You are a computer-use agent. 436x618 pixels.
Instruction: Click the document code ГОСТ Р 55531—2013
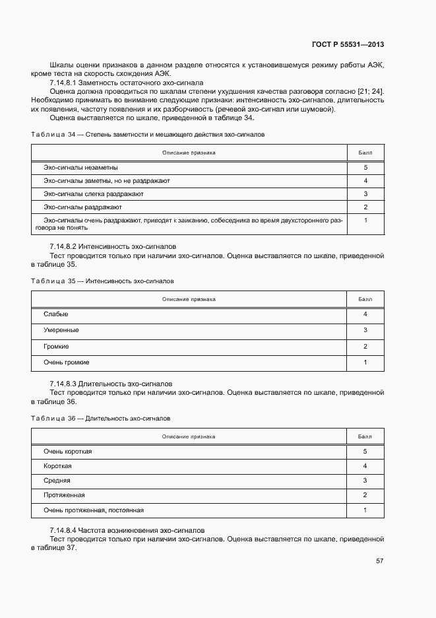[x=347, y=45]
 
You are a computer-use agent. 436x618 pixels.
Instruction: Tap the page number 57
[x=379, y=561]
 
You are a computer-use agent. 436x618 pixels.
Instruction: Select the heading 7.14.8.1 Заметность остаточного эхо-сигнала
[x=126, y=83]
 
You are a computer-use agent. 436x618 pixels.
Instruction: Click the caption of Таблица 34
[x=148, y=134]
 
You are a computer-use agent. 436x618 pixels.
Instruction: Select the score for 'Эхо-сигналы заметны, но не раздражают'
[x=365, y=181]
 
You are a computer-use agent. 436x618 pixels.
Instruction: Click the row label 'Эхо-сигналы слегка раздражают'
[x=94, y=194]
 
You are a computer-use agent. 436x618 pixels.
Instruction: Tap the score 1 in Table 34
[x=365, y=221]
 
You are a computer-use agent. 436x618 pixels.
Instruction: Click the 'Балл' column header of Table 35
[x=365, y=299]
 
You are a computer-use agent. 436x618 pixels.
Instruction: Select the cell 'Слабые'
[x=56, y=314]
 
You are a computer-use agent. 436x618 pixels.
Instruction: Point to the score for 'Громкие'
[x=365, y=347]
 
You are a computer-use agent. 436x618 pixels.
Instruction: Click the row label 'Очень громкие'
[x=67, y=362]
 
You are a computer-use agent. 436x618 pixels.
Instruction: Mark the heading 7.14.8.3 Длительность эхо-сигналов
[x=111, y=384]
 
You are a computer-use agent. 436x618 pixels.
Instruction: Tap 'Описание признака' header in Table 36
[x=189, y=436]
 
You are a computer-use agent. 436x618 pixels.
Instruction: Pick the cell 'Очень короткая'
[x=67, y=452]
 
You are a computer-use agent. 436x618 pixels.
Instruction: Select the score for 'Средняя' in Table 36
[x=365, y=481]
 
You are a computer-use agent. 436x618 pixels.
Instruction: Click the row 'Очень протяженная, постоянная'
[x=93, y=510]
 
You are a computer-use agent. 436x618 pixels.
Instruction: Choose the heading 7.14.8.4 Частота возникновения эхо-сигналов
[x=127, y=530]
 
